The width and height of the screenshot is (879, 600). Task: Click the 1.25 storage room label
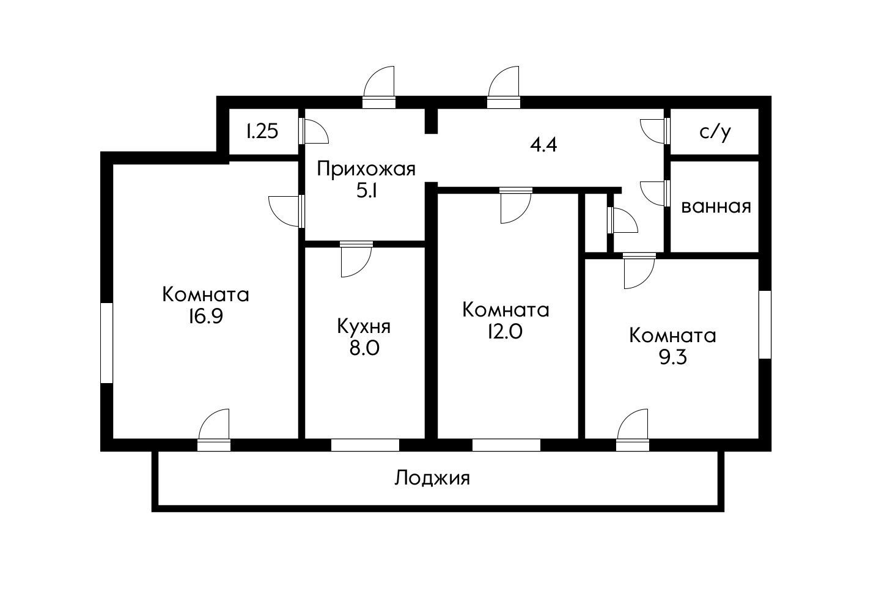[263, 131]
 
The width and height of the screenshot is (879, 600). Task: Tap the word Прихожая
[366, 168]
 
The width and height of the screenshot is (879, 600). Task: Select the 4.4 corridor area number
[543, 145]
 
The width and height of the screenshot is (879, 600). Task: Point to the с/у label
[715, 132]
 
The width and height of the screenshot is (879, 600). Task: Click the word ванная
[715, 207]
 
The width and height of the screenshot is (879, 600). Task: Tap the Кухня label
[364, 326]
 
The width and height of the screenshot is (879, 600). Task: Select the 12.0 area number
[506, 332]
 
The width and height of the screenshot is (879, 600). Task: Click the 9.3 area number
[672, 357]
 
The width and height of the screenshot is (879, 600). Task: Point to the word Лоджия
[432, 477]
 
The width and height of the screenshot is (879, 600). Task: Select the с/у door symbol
[654, 130]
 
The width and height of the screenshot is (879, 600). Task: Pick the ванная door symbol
[654, 193]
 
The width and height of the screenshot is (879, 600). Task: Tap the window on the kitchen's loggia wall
[365, 445]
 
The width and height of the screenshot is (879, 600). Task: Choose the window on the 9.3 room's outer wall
[765, 324]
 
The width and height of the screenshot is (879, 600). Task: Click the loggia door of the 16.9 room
[215, 427]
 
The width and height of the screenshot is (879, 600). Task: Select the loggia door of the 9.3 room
[633, 427]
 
